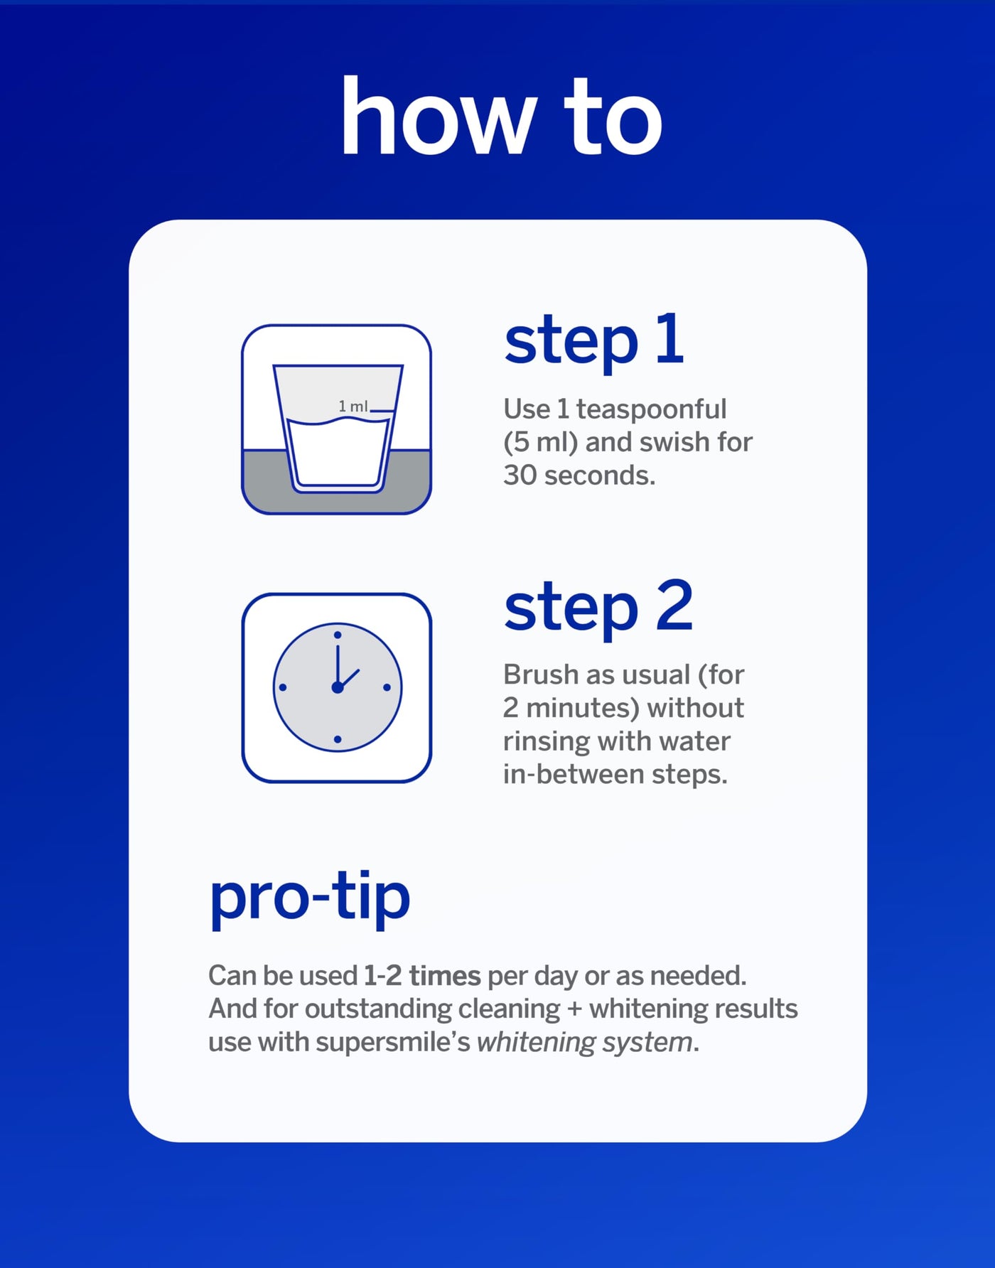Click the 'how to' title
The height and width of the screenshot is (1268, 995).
tap(502, 116)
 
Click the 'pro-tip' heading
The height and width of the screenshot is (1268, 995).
tap(310, 897)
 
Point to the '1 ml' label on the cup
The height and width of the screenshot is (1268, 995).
tap(353, 406)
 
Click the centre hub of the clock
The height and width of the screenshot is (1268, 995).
tap(338, 687)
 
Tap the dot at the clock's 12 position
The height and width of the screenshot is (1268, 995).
tap(338, 635)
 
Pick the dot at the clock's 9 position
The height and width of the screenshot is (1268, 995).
tap(283, 687)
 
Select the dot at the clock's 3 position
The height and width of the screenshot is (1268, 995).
tap(387, 687)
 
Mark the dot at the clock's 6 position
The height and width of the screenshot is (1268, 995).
tap(338, 740)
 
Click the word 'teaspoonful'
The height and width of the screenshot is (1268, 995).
tap(651, 409)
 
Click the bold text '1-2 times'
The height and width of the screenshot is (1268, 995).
tap(422, 976)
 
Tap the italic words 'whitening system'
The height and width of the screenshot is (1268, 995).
tap(585, 1043)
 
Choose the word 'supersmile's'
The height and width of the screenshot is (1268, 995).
tap(393, 1043)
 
